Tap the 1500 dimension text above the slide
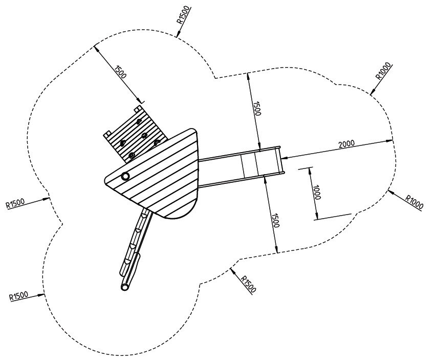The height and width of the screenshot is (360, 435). point(257,108)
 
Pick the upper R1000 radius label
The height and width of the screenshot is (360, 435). point(384,70)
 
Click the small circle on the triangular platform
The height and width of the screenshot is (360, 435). point(125,176)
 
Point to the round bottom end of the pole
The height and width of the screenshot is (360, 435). point(125,288)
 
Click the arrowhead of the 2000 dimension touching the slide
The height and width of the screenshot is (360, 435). point(283,158)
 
